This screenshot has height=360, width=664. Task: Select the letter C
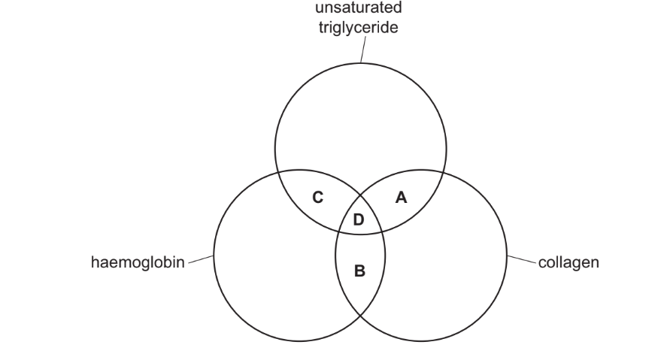tap(317, 197)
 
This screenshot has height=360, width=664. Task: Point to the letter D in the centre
tap(359, 219)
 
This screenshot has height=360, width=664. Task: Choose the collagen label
tap(568, 264)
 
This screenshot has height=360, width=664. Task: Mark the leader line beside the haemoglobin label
tap(201, 261)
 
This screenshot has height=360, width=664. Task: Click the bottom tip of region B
tap(359, 313)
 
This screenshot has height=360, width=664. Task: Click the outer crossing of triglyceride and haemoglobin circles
tap(277, 172)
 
